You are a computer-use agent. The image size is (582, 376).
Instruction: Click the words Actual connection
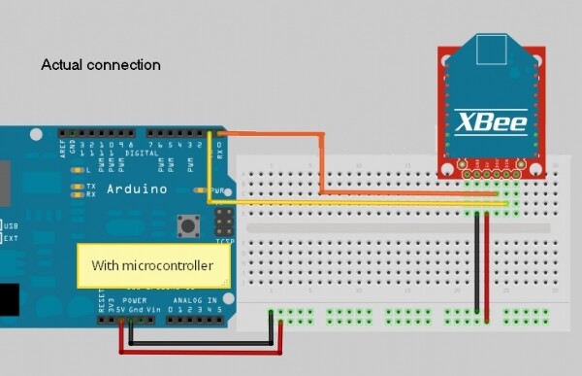(100, 65)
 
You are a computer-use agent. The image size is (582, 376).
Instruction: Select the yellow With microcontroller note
(154, 264)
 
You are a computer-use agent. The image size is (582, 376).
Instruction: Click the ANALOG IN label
(191, 301)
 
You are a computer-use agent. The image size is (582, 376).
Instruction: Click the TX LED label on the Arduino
(90, 185)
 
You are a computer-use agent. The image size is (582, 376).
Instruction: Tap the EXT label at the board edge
(12, 236)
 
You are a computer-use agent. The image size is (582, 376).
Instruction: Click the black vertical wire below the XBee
(476, 262)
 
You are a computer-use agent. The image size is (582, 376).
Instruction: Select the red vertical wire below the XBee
(487, 262)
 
